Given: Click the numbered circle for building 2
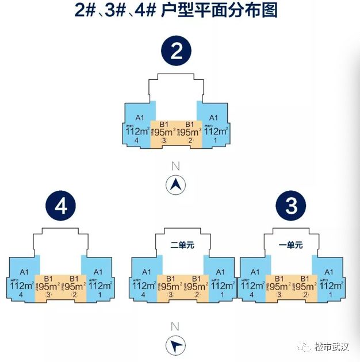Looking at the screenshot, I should [177, 53].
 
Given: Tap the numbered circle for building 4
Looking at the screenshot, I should [62, 207].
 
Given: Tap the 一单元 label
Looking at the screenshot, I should [291, 245].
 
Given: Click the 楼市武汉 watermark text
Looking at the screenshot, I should [332, 347].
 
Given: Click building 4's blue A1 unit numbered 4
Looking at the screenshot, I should [23, 282].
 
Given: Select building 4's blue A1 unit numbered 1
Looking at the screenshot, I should [98, 282].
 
